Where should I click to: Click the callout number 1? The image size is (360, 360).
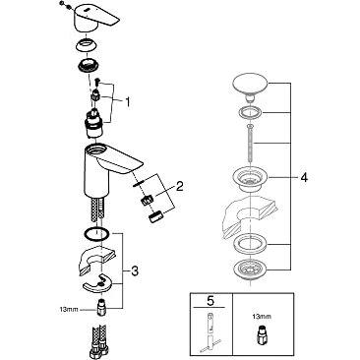click(x=127, y=102)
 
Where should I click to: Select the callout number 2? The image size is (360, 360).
click(x=179, y=187)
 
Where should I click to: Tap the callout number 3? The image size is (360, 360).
click(x=135, y=271)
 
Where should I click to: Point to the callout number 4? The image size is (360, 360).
click(x=304, y=178)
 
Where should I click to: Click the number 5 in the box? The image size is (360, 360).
click(x=210, y=301)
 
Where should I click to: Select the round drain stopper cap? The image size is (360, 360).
click(x=250, y=86)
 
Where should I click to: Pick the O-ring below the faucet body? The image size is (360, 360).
click(x=95, y=234)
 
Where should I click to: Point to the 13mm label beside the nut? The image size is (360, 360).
click(x=69, y=309)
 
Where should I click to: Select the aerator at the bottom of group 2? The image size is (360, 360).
click(x=155, y=217)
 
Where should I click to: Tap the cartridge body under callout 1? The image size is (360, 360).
click(x=93, y=124)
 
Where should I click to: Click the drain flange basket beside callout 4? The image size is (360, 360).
click(x=250, y=179)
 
